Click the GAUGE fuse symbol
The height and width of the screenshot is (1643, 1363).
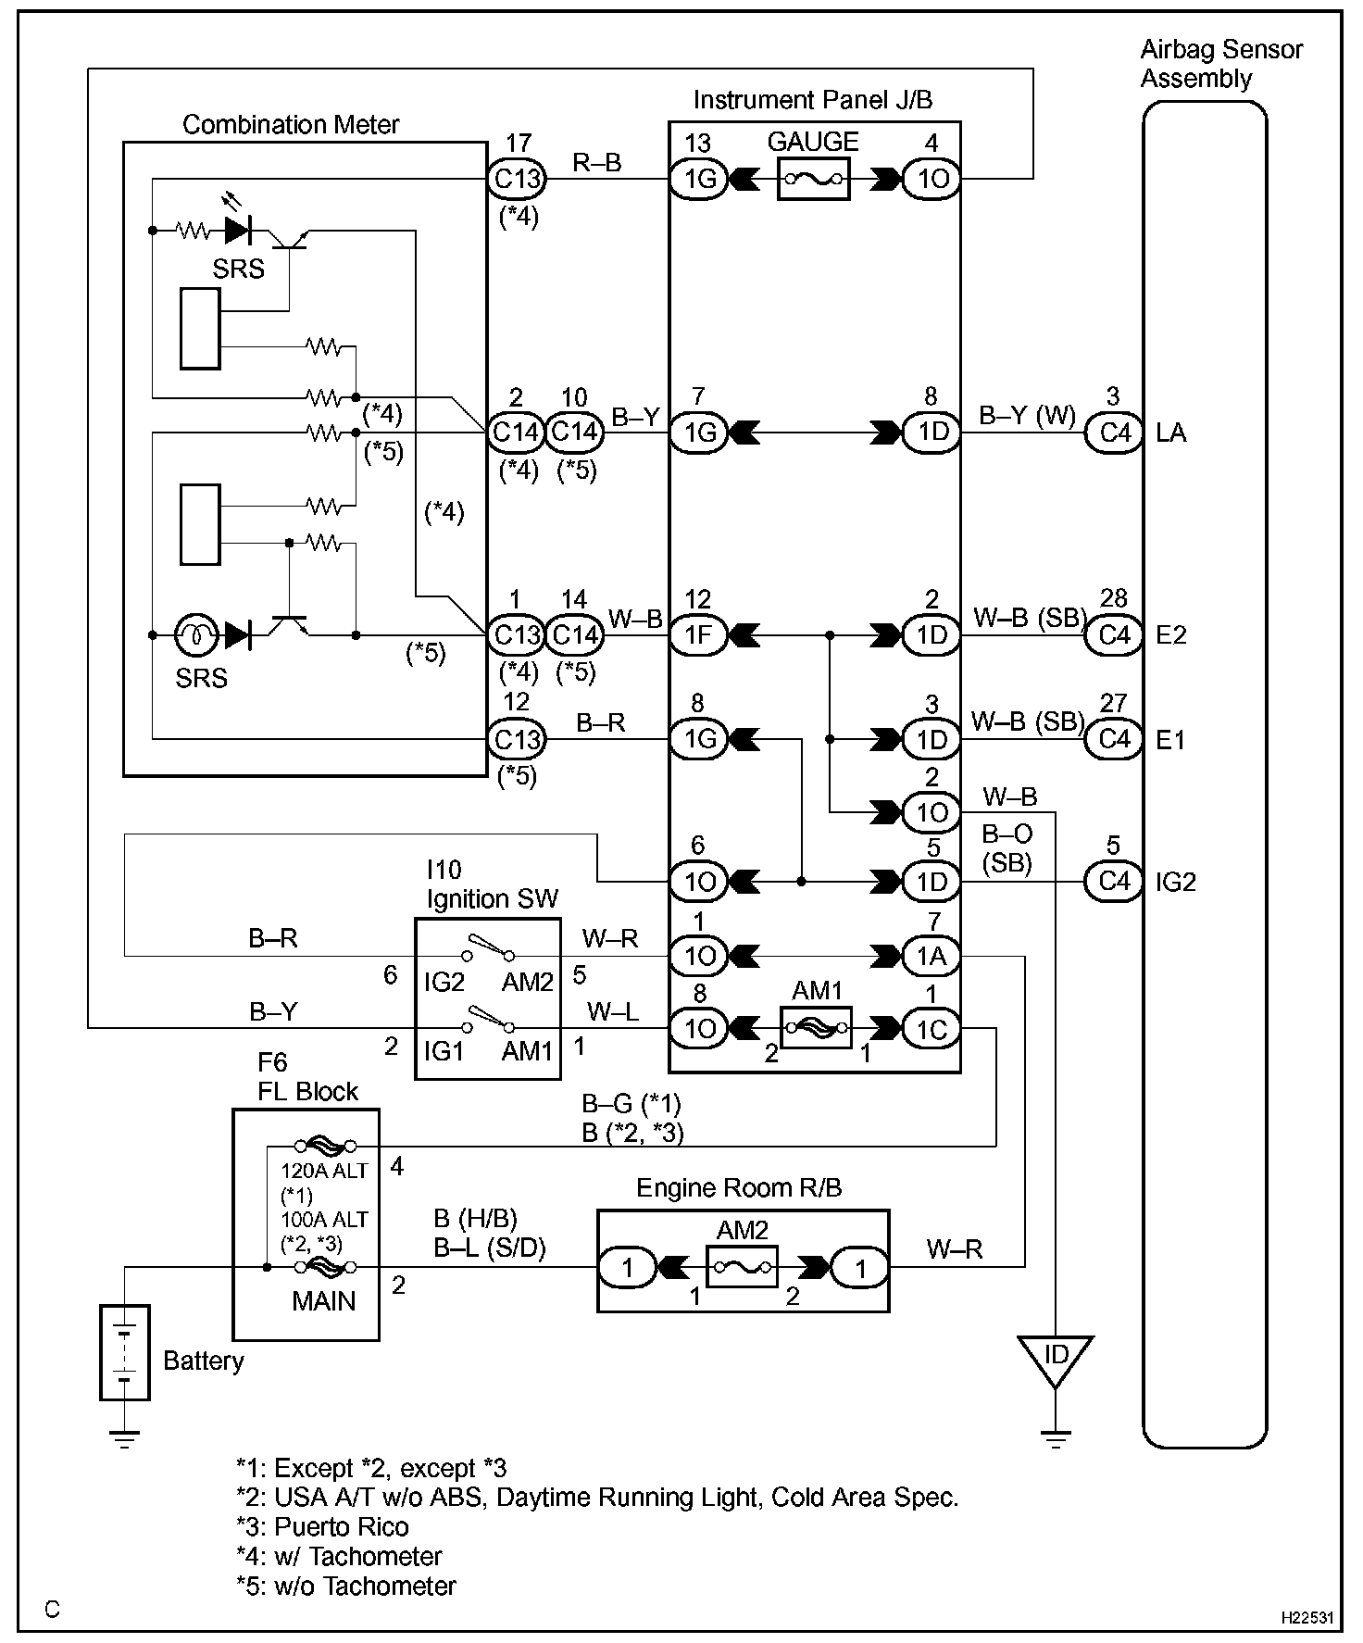(x=812, y=179)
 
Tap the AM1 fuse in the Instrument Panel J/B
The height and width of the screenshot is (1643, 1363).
(x=816, y=1028)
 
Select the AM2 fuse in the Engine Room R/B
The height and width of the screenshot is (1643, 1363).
(x=742, y=1266)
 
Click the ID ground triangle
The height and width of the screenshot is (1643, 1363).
(x=1055, y=1357)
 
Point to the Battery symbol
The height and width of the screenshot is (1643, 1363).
(x=125, y=1351)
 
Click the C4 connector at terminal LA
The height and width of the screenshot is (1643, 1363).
(x=1114, y=433)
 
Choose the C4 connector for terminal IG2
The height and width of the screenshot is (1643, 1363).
(x=1114, y=881)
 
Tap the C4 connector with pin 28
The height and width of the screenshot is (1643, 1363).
(x=1114, y=635)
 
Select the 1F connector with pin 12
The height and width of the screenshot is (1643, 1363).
(x=699, y=635)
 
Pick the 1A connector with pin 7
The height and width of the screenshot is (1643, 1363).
(x=932, y=955)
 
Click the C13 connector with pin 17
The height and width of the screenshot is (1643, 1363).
(x=517, y=179)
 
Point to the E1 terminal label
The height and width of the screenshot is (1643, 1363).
(x=1170, y=740)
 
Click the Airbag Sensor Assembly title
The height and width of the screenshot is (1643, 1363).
(x=1220, y=64)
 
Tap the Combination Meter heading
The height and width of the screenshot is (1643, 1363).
(x=291, y=125)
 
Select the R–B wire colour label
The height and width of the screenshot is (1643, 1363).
(x=597, y=164)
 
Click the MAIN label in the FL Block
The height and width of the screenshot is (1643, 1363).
(x=323, y=1301)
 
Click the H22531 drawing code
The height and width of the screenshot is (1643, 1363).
(x=1307, y=1618)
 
